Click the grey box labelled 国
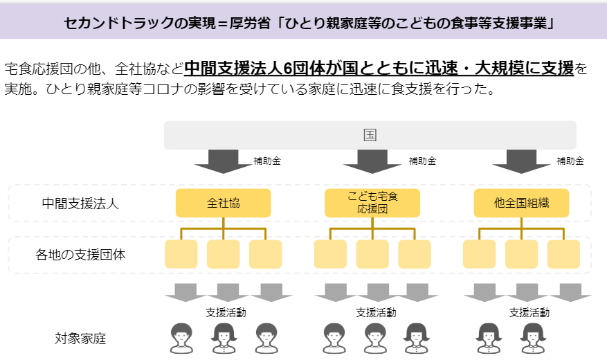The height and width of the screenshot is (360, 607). click(370, 135)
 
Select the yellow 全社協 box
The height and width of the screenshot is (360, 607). click(224, 204)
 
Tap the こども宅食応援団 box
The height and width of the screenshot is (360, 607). click(372, 204)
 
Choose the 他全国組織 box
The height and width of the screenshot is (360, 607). click(521, 204)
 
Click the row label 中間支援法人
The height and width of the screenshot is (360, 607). click(80, 204)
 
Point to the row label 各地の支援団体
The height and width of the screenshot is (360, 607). click(80, 255)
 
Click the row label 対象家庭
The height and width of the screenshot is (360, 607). click(80, 339)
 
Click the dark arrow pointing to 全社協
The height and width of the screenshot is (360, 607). click(224, 162)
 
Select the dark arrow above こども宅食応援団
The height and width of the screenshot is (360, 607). click(372, 162)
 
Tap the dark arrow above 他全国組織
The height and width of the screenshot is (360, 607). click(521, 162)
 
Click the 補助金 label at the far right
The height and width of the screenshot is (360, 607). click(570, 161)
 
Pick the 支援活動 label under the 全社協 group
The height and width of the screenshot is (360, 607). click(226, 312)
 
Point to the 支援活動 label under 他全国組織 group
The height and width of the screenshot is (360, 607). click(529, 312)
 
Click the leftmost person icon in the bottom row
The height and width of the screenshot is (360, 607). click(181, 339)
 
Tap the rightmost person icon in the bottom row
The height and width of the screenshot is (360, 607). click(533, 339)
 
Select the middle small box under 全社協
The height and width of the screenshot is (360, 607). click(224, 254)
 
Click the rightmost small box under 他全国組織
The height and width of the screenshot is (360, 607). click(563, 254)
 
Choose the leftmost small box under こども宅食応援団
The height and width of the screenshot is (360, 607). click(330, 254)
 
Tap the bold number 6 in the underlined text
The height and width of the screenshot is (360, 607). click(288, 69)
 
